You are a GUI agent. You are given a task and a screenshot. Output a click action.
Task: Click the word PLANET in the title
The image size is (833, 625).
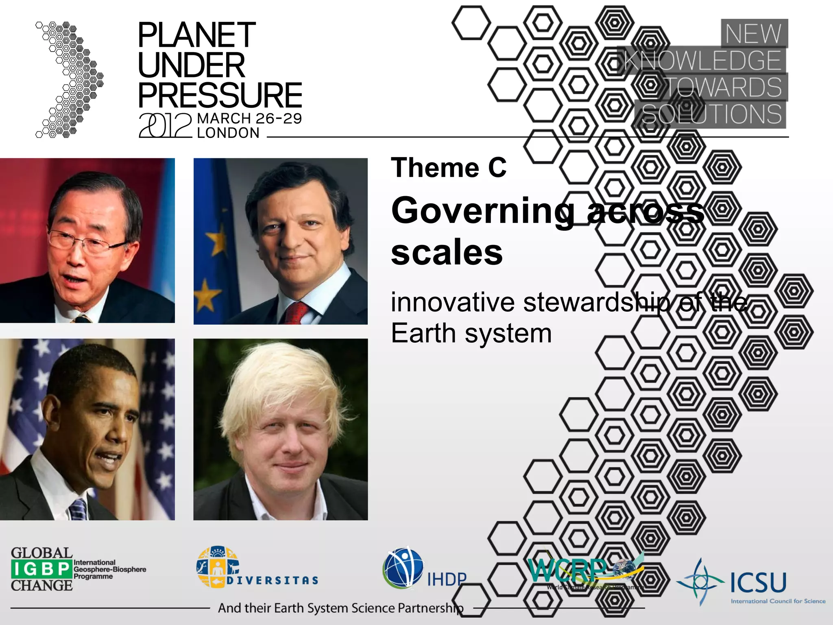(196, 35)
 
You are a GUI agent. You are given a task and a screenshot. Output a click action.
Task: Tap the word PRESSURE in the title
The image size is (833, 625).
(220, 95)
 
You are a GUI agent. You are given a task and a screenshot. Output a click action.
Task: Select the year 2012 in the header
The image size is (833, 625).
(165, 125)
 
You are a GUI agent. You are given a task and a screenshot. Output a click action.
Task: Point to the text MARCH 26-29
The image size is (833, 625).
(249, 118)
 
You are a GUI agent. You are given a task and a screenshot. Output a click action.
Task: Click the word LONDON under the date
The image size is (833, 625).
(228, 133)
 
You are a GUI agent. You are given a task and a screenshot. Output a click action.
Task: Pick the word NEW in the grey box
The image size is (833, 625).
(753, 33)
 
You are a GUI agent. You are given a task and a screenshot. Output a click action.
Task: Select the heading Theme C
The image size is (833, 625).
(449, 168)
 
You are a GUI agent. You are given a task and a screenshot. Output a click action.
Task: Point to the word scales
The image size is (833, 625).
(447, 252)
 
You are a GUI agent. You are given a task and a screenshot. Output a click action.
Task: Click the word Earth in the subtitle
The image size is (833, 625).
(423, 333)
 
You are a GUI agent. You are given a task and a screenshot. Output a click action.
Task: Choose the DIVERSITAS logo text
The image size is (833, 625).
(272, 580)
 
